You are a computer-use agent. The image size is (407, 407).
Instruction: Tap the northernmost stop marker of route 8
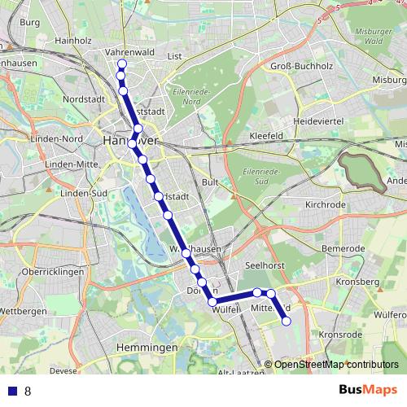pos(122,64)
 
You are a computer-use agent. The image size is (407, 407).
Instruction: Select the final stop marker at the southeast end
pos(287,322)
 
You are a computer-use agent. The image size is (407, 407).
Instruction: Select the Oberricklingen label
pos(54,272)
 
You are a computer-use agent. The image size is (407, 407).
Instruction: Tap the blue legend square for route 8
pos(11,391)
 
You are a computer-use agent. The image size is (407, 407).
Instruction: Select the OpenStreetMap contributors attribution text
pos(336,365)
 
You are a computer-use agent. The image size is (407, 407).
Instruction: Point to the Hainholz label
pos(74,39)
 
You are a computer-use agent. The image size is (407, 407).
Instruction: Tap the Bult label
pos(210,183)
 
